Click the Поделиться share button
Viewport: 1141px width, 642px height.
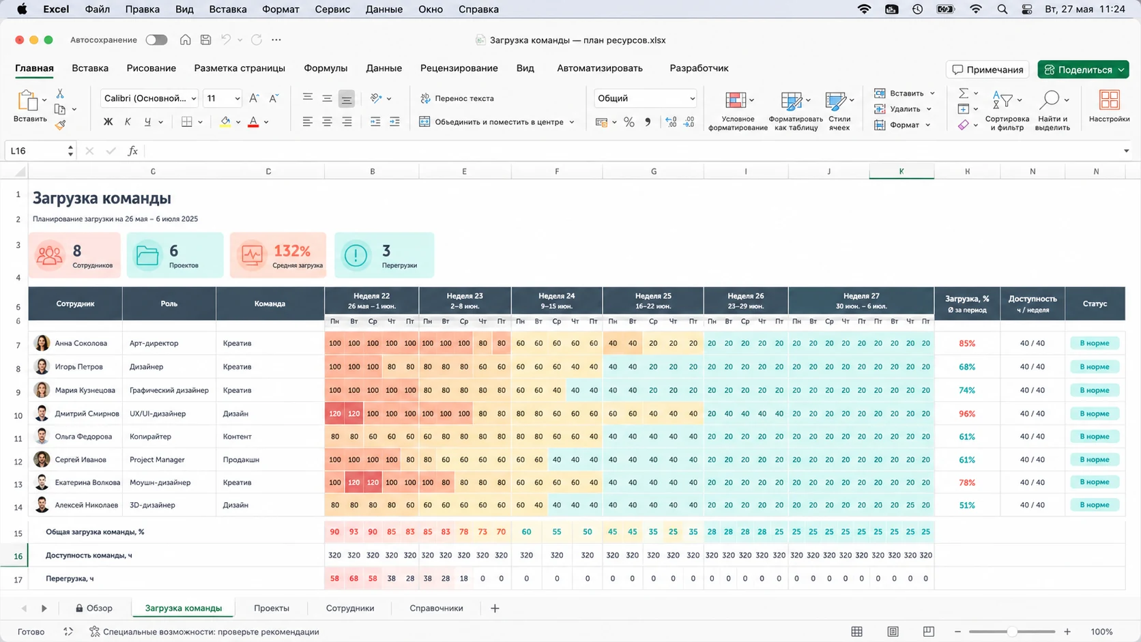(x=1083, y=70)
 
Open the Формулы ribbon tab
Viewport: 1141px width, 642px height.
(x=326, y=68)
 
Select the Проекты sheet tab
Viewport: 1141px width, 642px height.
(x=272, y=608)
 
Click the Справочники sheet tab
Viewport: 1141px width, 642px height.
(x=436, y=608)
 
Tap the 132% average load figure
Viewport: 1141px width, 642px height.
(x=292, y=251)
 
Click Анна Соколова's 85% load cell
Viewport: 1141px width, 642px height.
(x=967, y=344)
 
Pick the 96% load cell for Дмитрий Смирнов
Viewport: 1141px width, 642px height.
(x=967, y=414)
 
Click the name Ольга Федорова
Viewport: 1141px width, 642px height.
(x=83, y=437)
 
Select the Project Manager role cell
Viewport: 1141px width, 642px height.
(x=157, y=460)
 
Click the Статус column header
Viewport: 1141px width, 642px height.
(x=1095, y=304)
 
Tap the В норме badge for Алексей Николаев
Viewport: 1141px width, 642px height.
(x=1095, y=505)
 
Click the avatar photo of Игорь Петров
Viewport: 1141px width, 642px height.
(x=42, y=366)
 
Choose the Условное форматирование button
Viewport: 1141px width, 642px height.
(x=738, y=111)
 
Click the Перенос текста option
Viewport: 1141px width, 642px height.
(x=457, y=98)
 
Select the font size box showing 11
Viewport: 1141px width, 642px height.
(x=222, y=98)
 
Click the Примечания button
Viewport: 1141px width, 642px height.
(x=987, y=70)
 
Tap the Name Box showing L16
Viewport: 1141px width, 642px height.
(x=40, y=151)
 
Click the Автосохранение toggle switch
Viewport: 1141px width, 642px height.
(x=156, y=40)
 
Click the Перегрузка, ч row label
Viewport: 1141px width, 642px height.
(x=70, y=579)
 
